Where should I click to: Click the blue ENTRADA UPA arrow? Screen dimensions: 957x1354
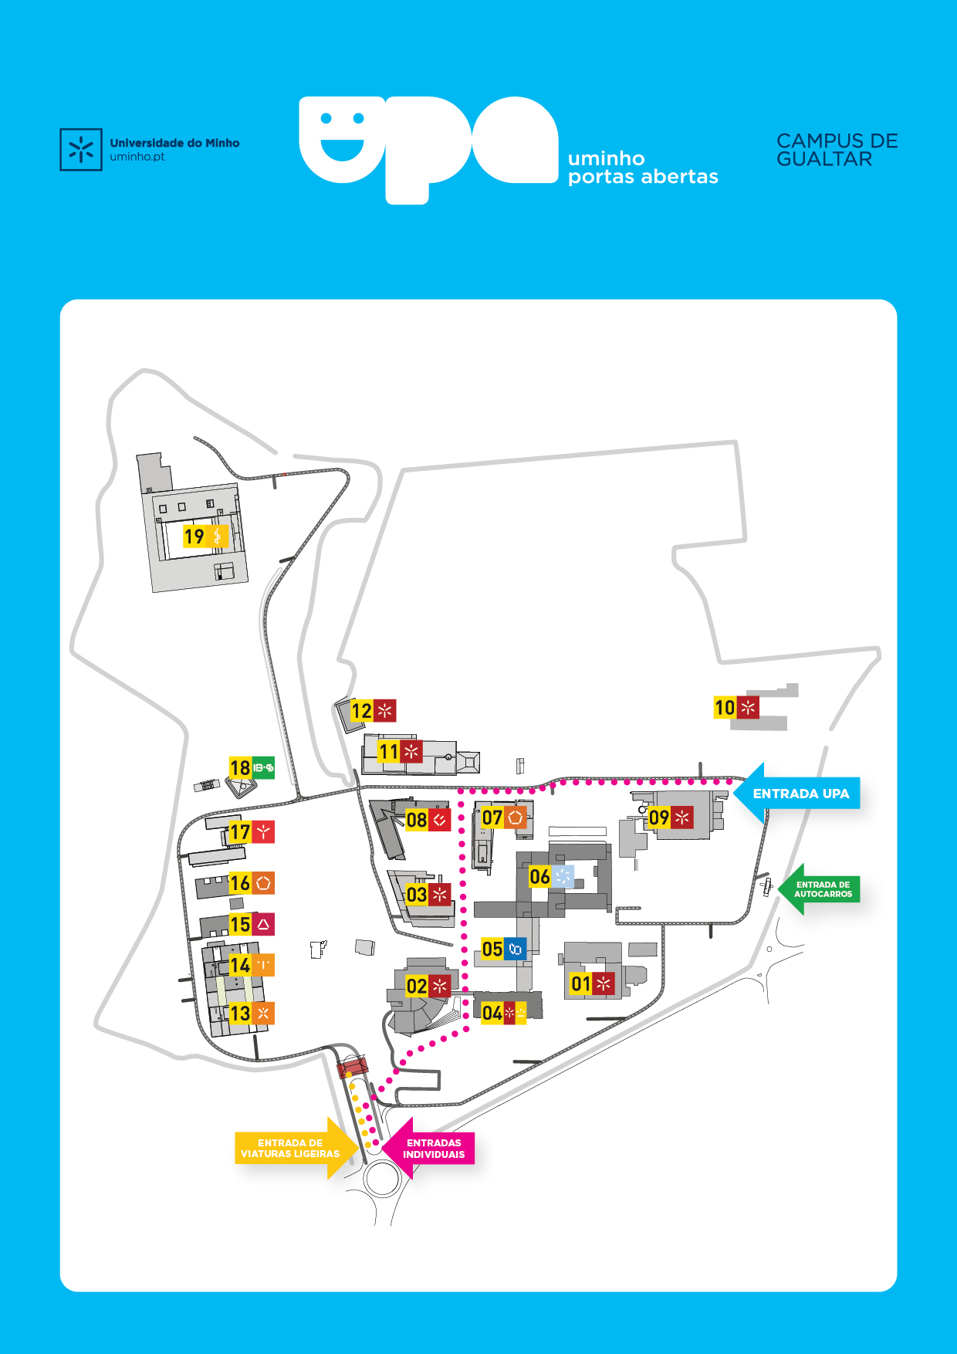point(799,794)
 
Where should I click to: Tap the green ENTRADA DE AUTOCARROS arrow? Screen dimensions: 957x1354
point(820,889)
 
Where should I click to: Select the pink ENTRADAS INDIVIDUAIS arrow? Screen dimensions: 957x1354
point(431,1149)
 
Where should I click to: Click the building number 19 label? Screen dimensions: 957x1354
point(194,536)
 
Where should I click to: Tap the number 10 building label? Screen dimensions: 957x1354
point(725,707)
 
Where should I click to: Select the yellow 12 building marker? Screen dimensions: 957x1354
point(361,710)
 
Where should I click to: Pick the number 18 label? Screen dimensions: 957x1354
point(240,768)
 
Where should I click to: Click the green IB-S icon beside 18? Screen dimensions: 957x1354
point(263,767)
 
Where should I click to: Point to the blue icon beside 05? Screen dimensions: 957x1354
point(515,949)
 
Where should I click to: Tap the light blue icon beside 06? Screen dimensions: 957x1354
point(563,876)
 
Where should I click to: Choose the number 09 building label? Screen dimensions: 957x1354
point(658,817)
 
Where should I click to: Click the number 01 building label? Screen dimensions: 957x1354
point(580,983)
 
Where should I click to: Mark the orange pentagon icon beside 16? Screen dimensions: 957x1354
point(263,883)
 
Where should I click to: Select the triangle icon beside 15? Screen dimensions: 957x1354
point(263,924)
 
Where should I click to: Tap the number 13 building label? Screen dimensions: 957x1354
point(240,1013)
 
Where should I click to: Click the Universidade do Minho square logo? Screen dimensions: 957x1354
point(81,150)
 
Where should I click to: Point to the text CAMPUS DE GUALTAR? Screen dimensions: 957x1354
point(837,150)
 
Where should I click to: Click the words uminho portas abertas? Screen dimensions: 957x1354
point(642,168)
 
